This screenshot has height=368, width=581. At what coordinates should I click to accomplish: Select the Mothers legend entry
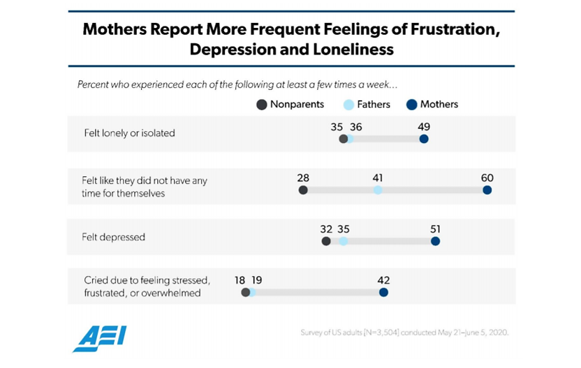point(432,105)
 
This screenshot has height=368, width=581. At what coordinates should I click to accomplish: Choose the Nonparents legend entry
point(289,105)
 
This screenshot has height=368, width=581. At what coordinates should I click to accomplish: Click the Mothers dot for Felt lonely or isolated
point(424,139)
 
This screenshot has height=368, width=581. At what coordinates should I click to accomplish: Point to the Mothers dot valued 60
point(487,190)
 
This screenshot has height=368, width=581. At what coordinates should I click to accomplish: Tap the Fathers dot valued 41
point(378,190)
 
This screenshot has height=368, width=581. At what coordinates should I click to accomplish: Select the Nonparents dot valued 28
point(303,190)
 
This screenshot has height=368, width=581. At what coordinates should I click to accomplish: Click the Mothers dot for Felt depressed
point(435,241)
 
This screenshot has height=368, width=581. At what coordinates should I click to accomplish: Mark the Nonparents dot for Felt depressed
point(326,241)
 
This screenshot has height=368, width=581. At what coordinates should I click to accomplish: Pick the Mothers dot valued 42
point(383,293)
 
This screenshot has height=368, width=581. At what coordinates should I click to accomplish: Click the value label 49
point(424,127)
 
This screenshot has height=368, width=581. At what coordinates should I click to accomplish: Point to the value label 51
point(435,229)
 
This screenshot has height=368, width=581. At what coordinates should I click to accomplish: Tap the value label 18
point(240,280)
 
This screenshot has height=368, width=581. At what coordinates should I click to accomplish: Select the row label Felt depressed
point(114,237)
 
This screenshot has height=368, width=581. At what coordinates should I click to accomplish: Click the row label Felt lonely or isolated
point(128,133)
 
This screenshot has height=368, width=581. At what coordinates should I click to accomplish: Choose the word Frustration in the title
point(445,30)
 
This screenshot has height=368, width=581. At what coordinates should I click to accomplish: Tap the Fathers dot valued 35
point(343,241)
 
